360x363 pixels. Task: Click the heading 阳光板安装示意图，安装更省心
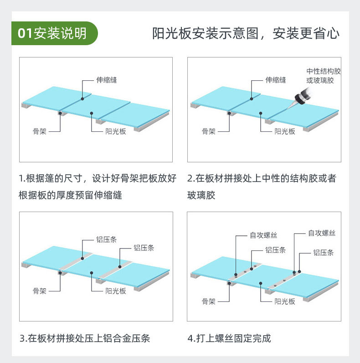(x=246, y=34)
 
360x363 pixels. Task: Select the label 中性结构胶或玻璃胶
(x=324, y=76)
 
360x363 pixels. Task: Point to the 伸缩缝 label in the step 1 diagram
(x=107, y=80)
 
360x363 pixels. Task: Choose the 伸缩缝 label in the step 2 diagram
(x=276, y=80)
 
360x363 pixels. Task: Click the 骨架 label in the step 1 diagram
(x=39, y=131)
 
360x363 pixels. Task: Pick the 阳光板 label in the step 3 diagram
(x=116, y=290)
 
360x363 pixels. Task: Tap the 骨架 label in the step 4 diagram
(x=208, y=301)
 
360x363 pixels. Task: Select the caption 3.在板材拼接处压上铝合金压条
(x=85, y=338)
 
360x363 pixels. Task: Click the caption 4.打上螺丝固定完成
(x=229, y=338)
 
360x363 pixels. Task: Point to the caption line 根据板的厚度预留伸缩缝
(x=70, y=196)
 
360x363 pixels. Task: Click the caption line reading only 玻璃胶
(x=201, y=196)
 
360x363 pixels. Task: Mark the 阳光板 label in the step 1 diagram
(x=116, y=131)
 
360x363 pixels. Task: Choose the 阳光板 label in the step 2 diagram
(x=285, y=131)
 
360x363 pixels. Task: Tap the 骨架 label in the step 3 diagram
(x=39, y=290)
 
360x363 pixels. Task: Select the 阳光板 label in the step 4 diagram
(x=285, y=301)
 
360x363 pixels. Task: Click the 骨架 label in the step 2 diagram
(x=208, y=131)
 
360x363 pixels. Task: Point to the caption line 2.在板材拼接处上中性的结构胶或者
(x=262, y=178)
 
